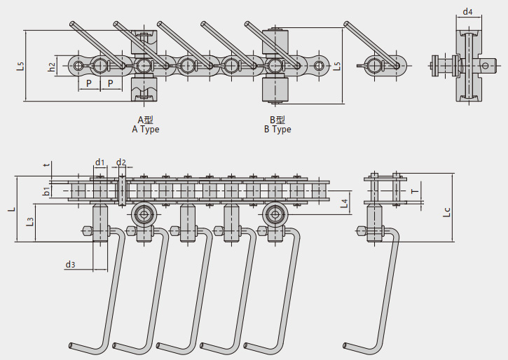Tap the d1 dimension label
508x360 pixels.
(99, 163)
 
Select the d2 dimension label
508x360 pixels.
(121, 163)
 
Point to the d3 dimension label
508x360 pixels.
(70, 265)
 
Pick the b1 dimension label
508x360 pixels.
(46, 191)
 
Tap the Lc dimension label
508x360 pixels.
(447, 211)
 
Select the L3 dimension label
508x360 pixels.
(29, 222)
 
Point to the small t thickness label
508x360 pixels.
(46, 165)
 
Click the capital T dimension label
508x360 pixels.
(414, 191)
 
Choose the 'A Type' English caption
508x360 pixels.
(146, 130)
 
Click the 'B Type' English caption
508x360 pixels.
(277, 130)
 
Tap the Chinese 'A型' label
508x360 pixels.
(145, 120)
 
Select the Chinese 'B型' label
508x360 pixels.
(277, 120)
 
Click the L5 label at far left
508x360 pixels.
(20, 67)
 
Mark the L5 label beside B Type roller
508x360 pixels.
(337, 67)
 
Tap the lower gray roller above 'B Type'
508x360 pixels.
(275, 90)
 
